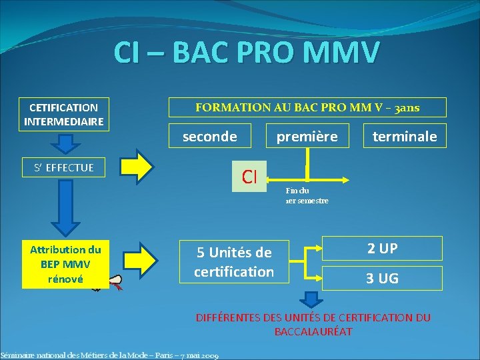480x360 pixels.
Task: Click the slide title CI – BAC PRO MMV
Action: coord(247,53)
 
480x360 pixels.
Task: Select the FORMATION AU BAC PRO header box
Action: coord(307,107)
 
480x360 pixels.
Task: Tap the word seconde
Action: coord(210,136)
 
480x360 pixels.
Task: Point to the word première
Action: coord(307,137)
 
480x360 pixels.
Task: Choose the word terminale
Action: coord(405,137)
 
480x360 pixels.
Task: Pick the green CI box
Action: coord(249,176)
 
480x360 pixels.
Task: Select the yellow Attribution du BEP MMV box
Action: coord(65,265)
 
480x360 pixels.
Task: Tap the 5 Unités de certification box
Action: coord(233,262)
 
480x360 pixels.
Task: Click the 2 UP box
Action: coord(382,248)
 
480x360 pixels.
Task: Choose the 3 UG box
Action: coord(382,278)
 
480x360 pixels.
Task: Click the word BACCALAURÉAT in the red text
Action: coord(313,331)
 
